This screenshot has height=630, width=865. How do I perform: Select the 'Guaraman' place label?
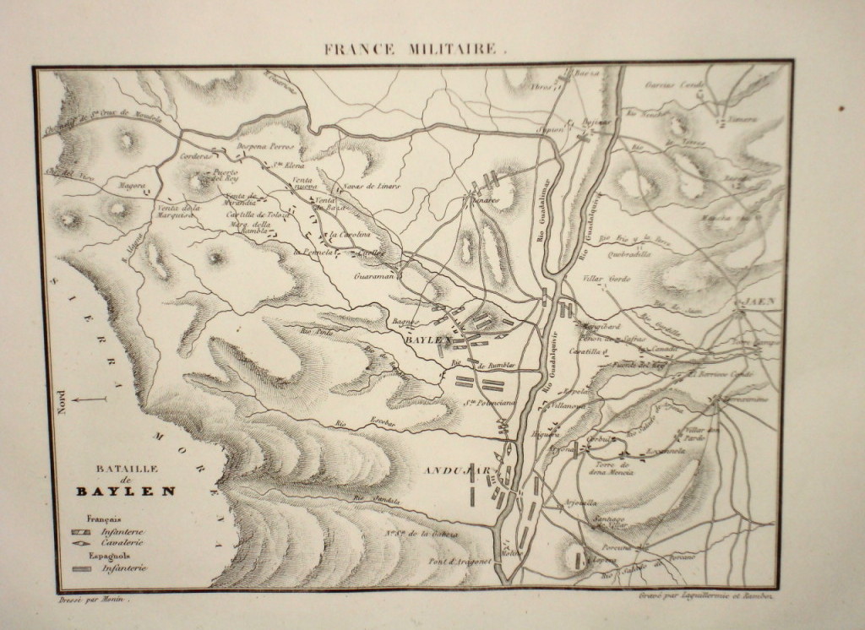point(373,274)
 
